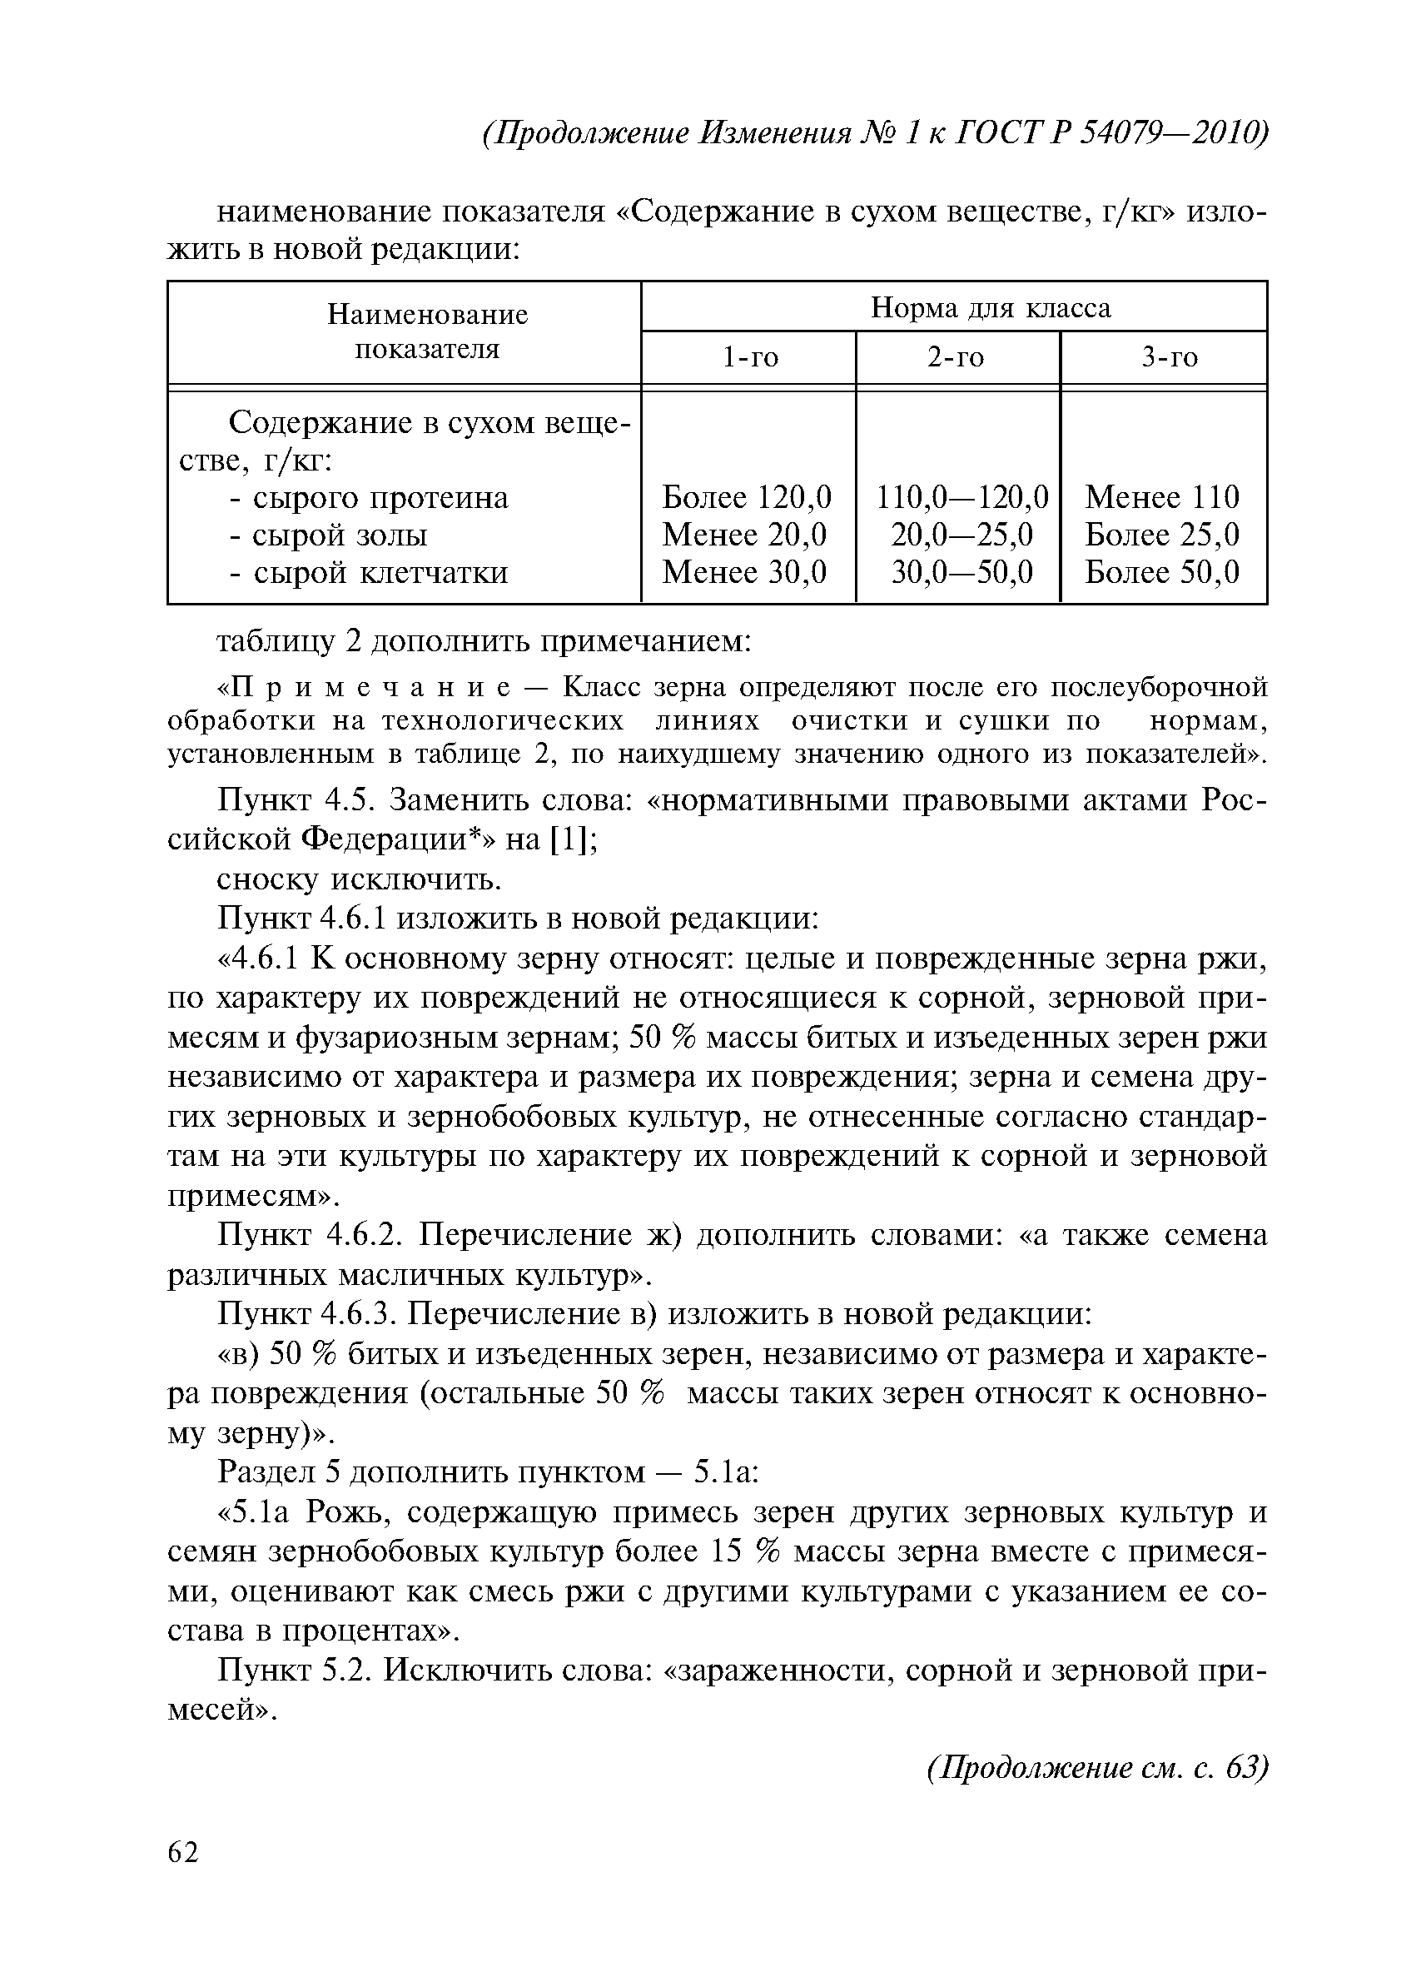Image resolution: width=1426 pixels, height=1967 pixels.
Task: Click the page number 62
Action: [x=183, y=1853]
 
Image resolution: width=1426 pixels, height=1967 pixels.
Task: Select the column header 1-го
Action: [x=751, y=357]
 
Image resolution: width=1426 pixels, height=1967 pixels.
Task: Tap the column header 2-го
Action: [x=956, y=357]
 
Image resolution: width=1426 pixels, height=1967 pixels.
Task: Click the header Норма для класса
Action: [x=990, y=307]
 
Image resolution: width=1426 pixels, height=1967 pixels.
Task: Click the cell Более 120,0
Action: [x=747, y=497]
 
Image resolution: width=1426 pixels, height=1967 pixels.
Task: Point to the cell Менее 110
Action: [x=1161, y=497]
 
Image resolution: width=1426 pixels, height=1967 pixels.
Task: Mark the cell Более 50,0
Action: [x=1161, y=571]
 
